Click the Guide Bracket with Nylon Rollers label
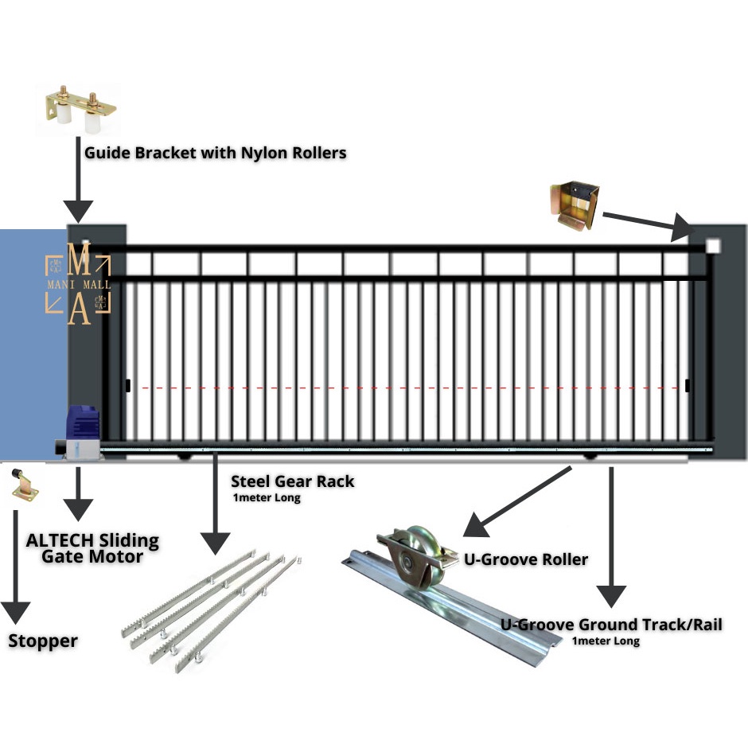tap(216, 152)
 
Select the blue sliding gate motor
tap(83, 433)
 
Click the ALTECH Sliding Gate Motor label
tap(92, 547)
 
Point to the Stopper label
tap(43, 641)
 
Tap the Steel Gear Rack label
tap(292, 481)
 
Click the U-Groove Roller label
tap(526, 559)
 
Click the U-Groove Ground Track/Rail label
tap(611, 625)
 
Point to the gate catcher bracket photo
tap(574, 205)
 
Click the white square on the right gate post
tap(712, 247)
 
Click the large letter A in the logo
tap(79, 310)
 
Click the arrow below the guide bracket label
tap(78, 187)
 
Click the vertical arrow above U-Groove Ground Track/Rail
tap(611, 541)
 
